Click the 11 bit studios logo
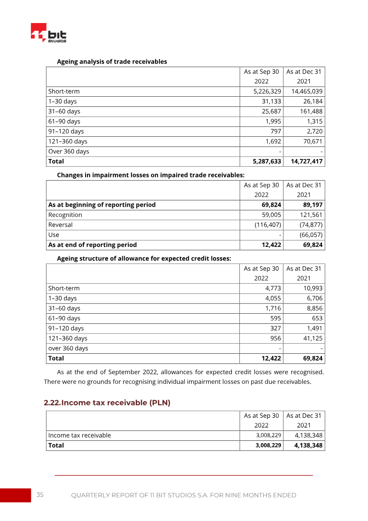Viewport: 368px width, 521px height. click(48, 33)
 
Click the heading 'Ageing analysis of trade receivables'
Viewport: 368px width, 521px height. click(112, 61)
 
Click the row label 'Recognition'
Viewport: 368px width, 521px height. click(65, 215)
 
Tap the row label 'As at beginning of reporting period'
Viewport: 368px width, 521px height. click(102, 205)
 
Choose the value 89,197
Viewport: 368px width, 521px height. click(312, 205)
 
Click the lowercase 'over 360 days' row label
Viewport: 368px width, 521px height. click(69, 348)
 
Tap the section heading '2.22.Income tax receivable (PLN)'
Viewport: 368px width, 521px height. click(107, 403)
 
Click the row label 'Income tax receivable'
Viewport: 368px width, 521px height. click(80, 435)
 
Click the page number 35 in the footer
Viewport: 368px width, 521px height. click(40, 495)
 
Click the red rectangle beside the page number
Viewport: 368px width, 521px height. click(15, 495)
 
